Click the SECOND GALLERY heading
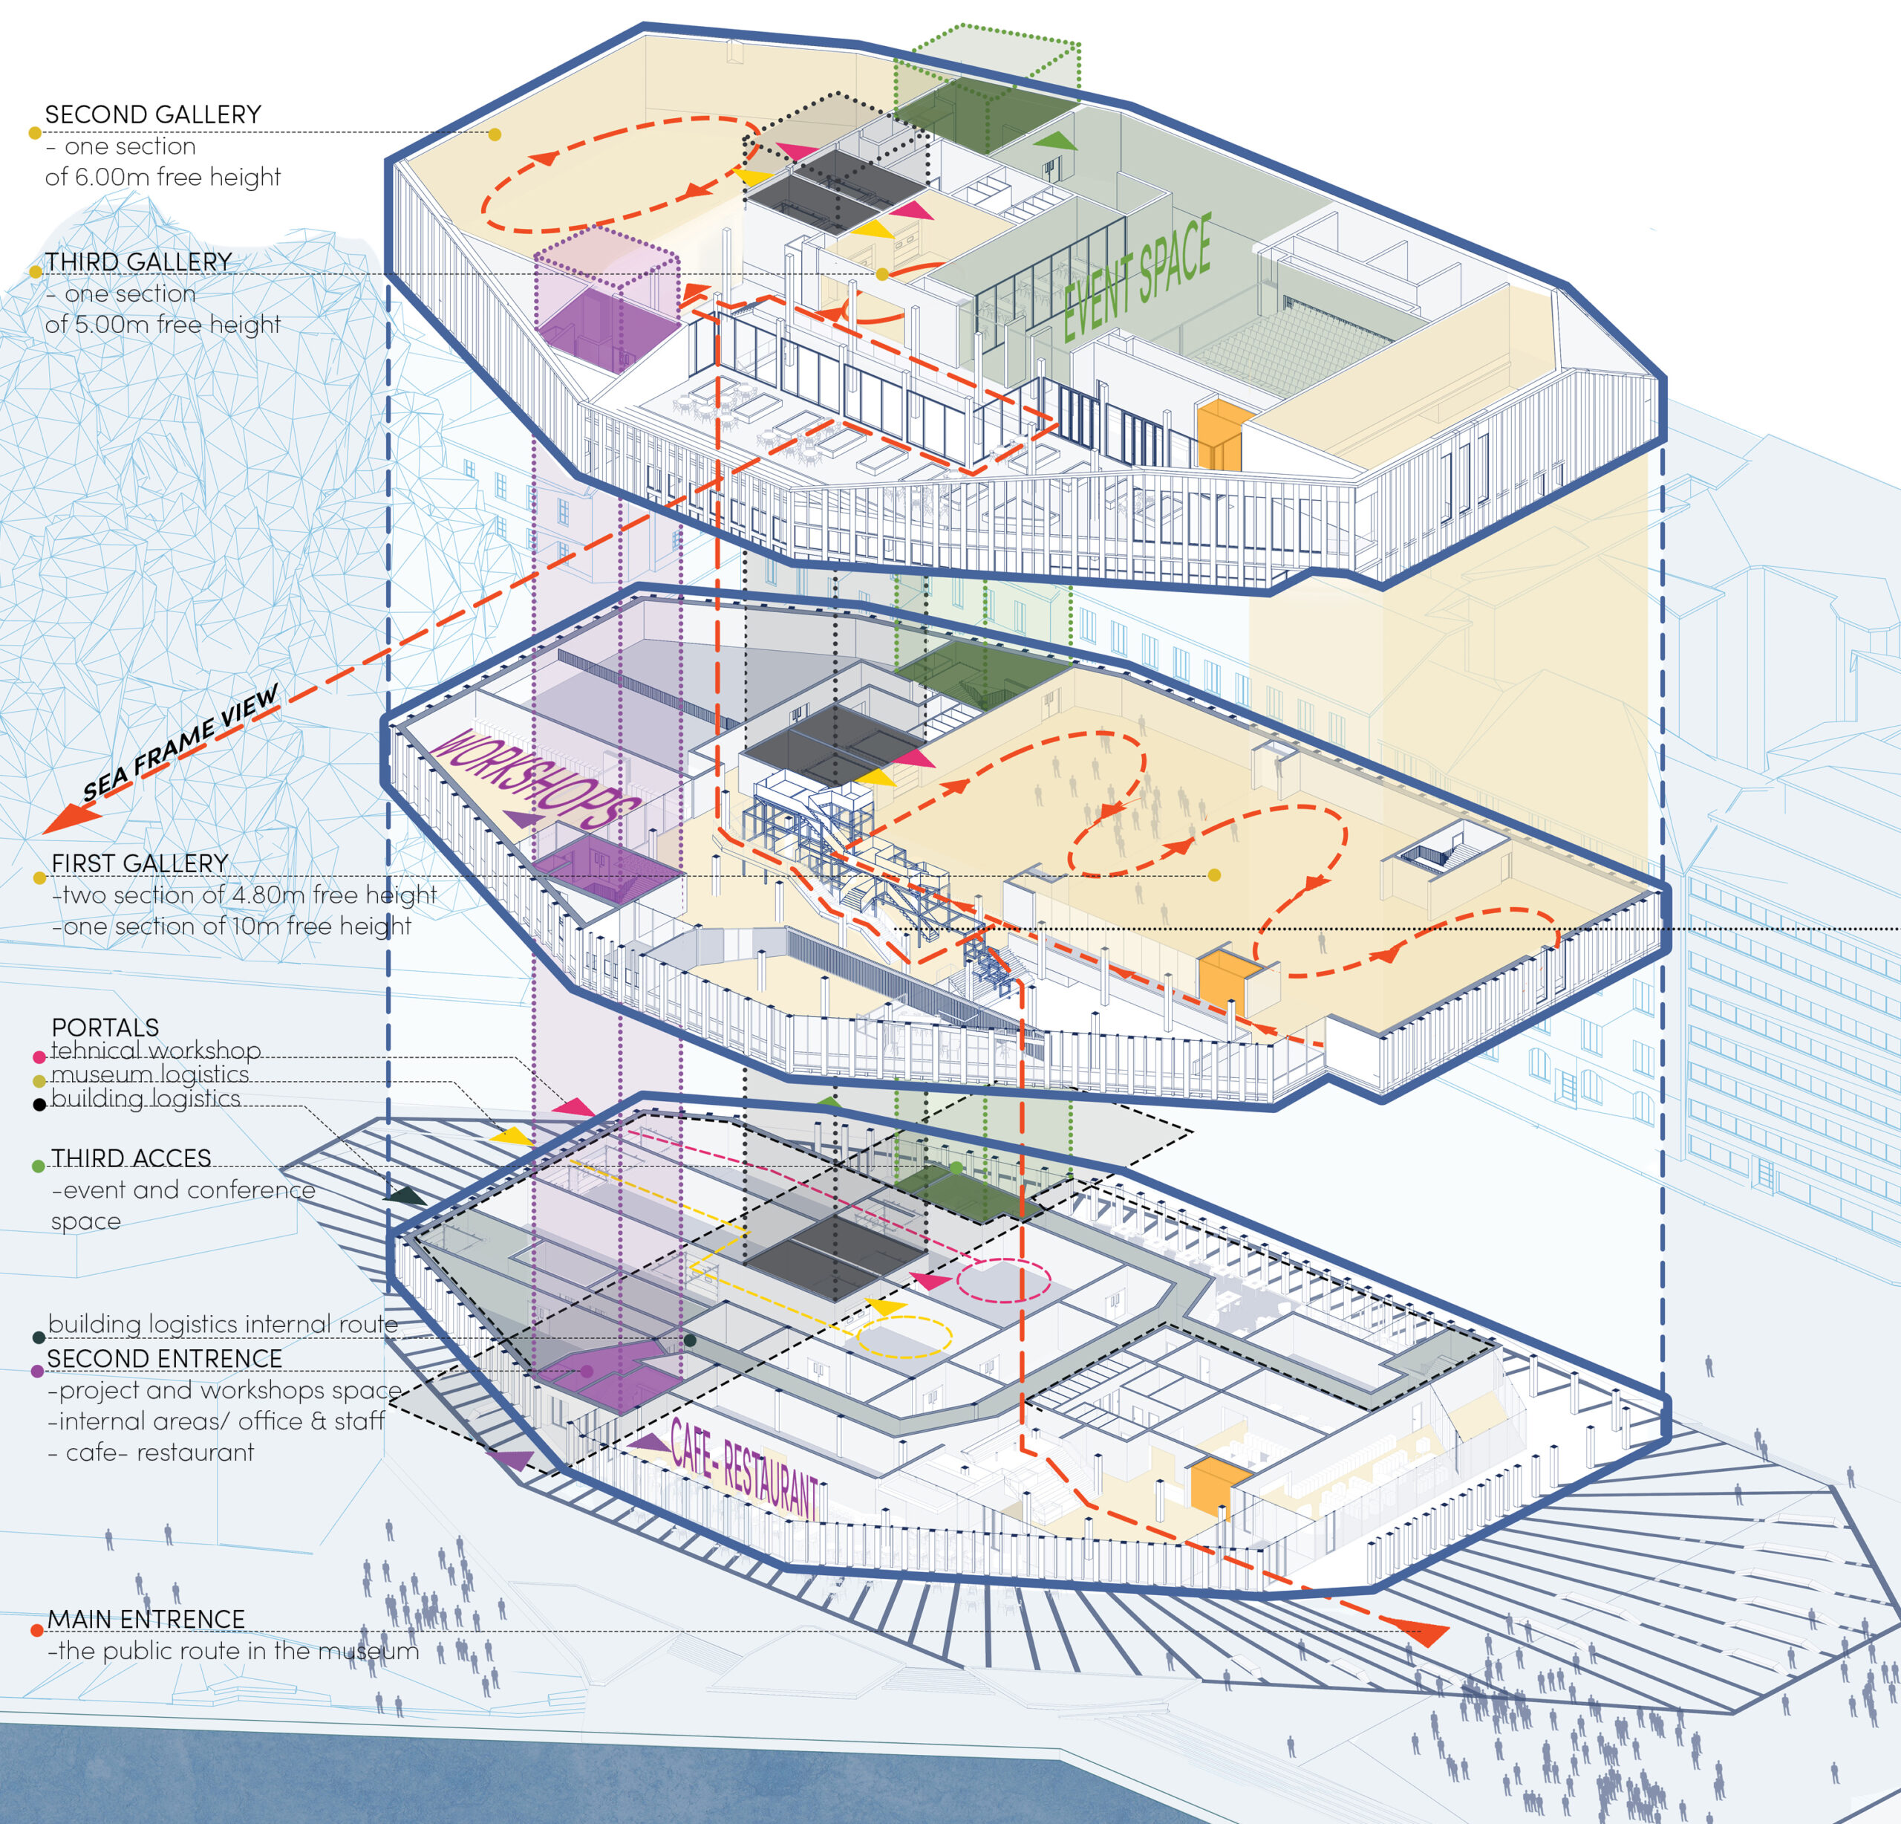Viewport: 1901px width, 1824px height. (x=153, y=114)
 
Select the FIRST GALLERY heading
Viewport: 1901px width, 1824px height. (x=140, y=863)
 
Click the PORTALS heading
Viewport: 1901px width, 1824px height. (x=105, y=1027)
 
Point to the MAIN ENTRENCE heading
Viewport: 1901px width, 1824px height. (x=146, y=1619)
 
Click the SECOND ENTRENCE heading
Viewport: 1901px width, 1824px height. (x=165, y=1358)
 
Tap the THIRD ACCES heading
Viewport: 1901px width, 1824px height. (x=131, y=1158)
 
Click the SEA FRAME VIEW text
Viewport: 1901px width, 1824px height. (x=180, y=741)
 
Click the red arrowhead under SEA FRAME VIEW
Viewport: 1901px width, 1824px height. (x=70, y=818)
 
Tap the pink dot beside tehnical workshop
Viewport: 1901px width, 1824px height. (x=39, y=1057)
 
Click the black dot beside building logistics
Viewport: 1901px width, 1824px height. (x=39, y=1104)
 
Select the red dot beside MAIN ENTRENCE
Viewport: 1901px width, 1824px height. (x=36, y=1630)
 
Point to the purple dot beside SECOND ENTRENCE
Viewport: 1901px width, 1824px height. (x=37, y=1371)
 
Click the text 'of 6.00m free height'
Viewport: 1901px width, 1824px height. (x=163, y=177)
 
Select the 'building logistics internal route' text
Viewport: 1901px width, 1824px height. (x=223, y=1324)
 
